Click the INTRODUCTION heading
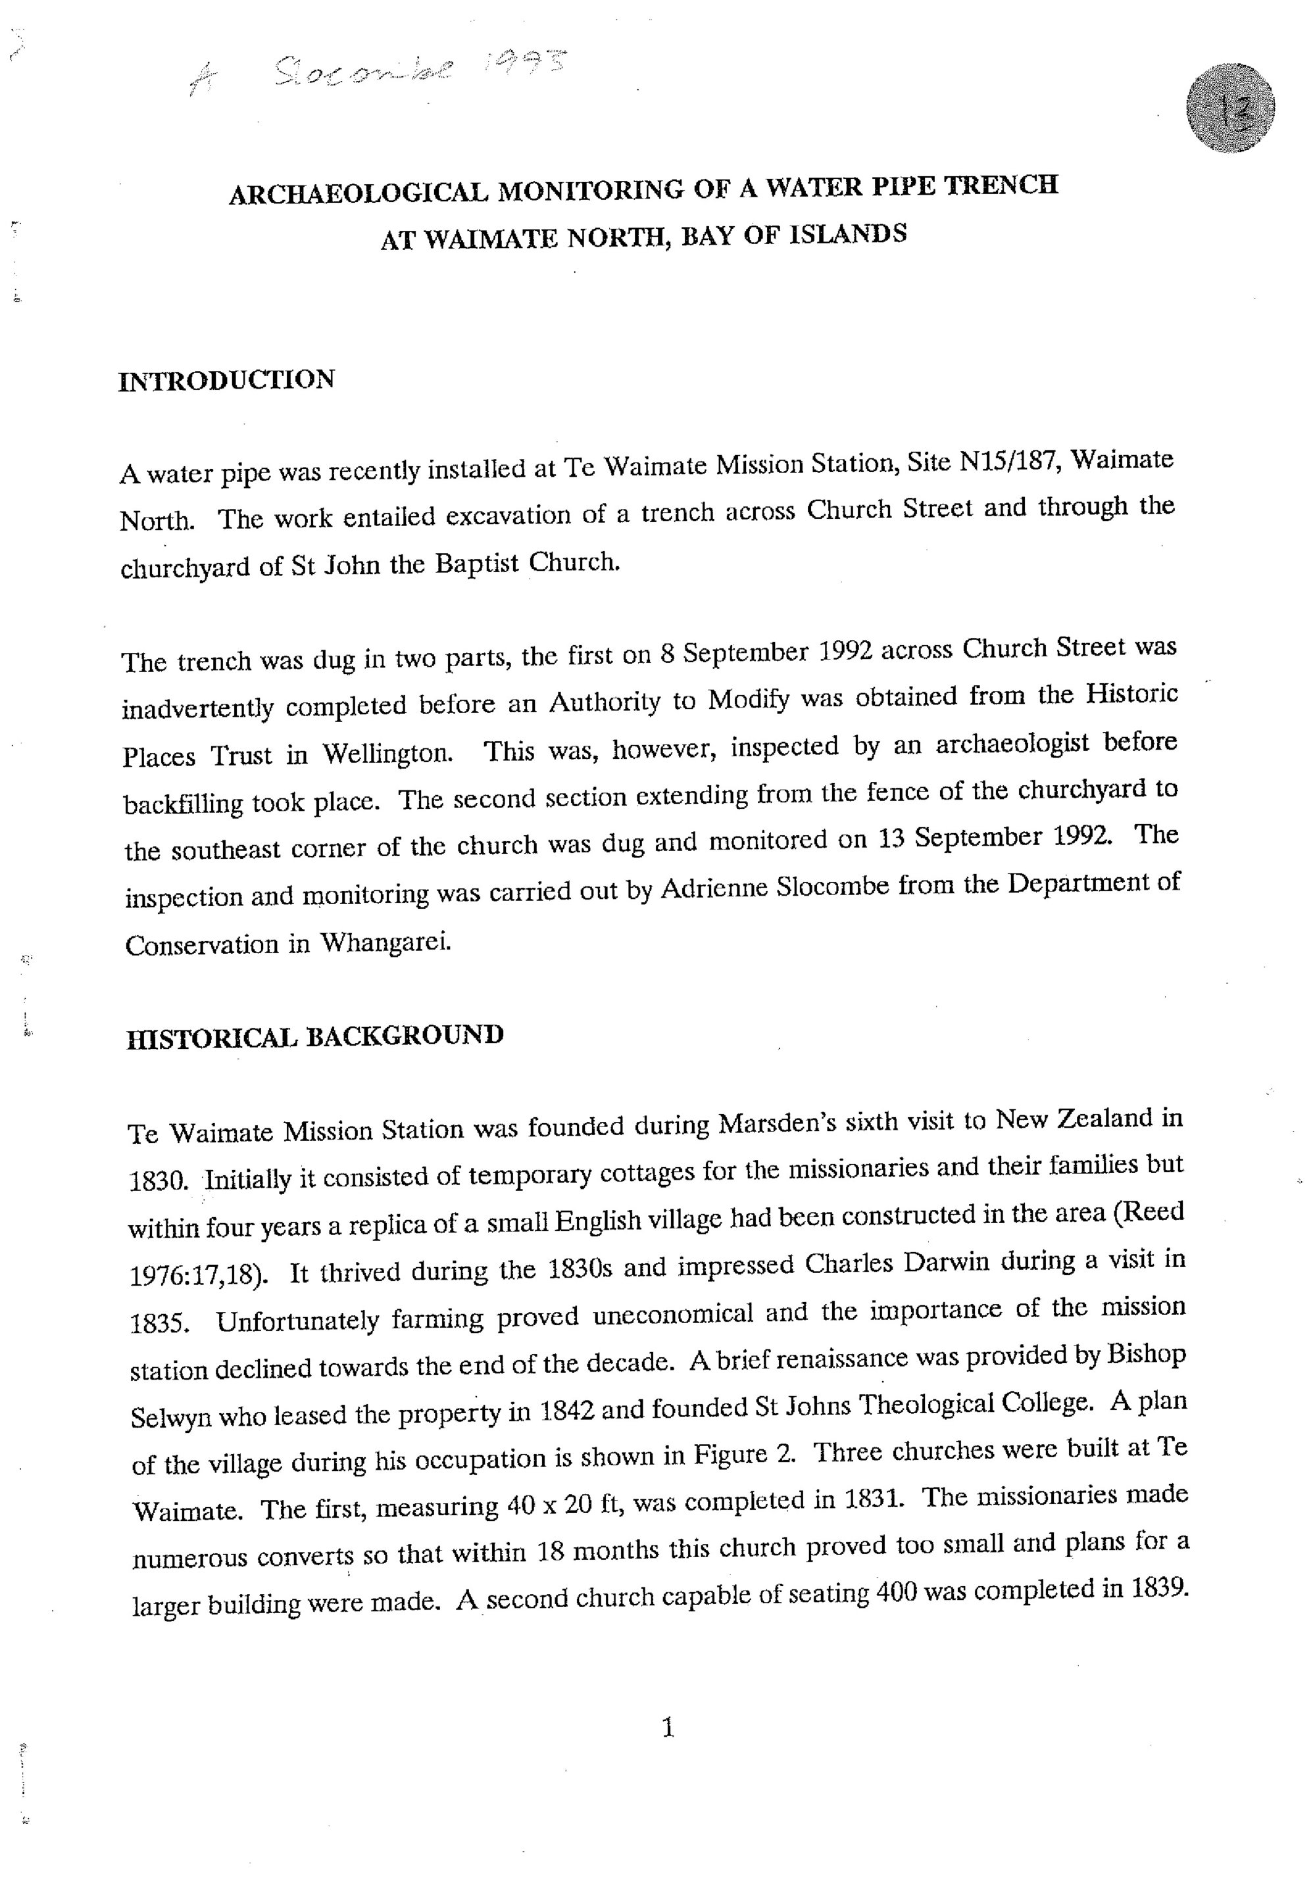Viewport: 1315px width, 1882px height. pyautogui.click(x=226, y=380)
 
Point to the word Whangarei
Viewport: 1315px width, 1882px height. pyautogui.click(x=385, y=944)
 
